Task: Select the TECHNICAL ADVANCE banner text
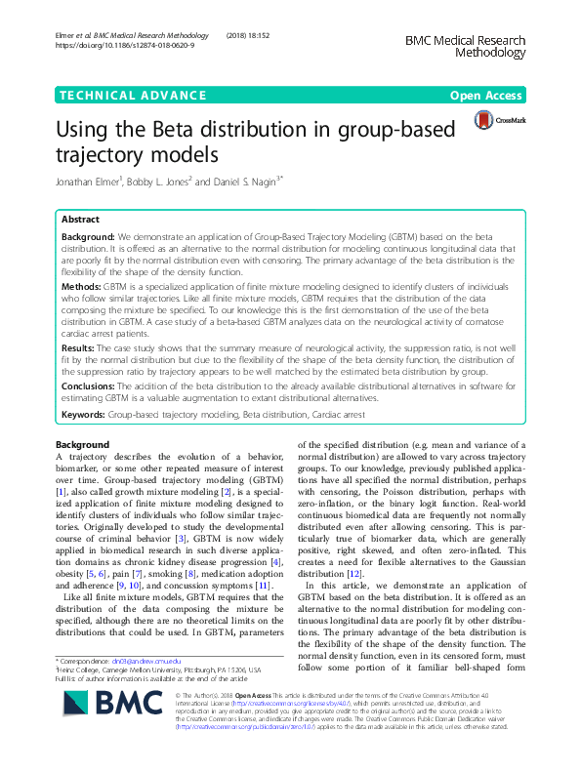pyautogui.click(x=122, y=96)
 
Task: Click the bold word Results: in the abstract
pyautogui.click(x=78, y=347)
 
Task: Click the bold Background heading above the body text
pyautogui.click(x=83, y=445)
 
